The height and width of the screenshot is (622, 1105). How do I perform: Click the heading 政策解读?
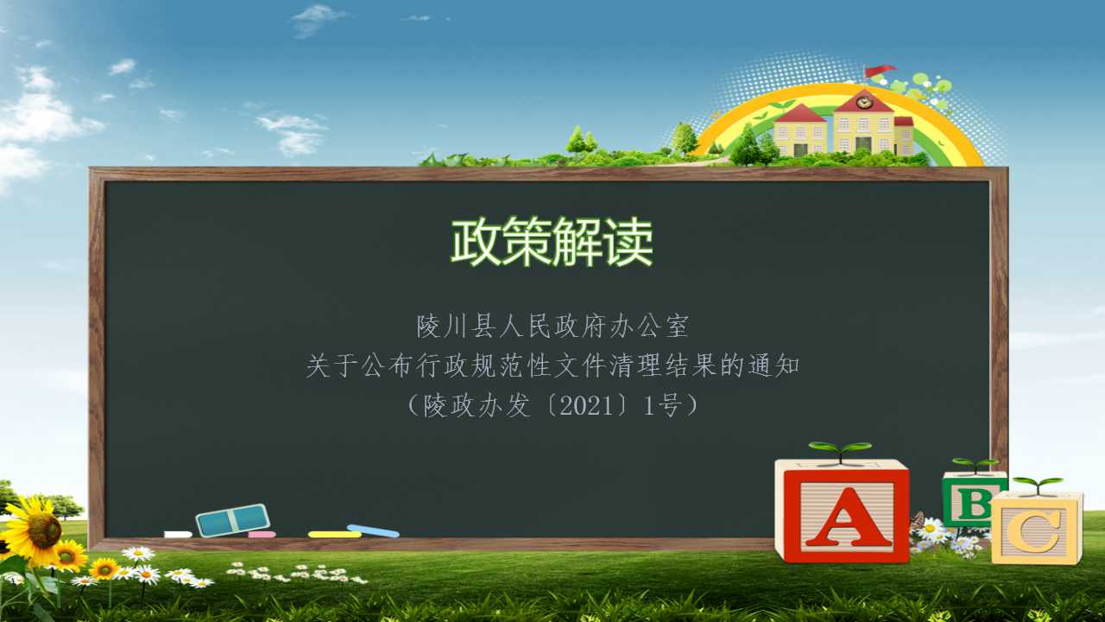(552, 242)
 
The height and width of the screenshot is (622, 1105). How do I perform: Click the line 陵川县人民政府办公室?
(552, 326)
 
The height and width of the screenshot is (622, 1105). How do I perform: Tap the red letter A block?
(843, 511)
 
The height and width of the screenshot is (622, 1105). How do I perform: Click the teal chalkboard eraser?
(233, 520)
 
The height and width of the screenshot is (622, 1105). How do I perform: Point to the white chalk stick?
(178, 534)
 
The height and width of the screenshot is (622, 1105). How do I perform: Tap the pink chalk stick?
(262, 535)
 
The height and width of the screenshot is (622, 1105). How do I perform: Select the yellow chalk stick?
(335, 534)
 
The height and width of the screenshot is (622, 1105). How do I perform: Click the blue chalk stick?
(373, 530)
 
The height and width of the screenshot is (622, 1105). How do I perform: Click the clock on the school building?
(862, 103)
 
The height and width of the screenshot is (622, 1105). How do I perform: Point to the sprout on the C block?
(1038, 485)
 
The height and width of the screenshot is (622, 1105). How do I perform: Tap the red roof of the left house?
(799, 114)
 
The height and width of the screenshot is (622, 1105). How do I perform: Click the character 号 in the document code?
(671, 406)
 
